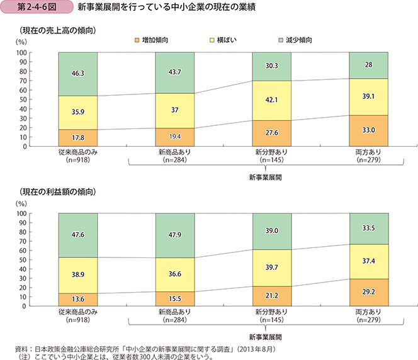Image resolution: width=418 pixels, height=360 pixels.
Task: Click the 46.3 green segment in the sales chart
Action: [78, 74]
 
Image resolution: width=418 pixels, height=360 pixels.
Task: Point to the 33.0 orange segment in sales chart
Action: [368, 131]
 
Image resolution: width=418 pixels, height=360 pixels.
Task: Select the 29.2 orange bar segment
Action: [368, 293]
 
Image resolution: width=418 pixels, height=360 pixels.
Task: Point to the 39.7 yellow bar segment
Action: [271, 268]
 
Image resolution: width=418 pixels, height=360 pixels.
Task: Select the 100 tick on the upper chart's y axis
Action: [38, 52]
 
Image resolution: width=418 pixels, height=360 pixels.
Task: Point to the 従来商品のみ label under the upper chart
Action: [78, 152]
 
